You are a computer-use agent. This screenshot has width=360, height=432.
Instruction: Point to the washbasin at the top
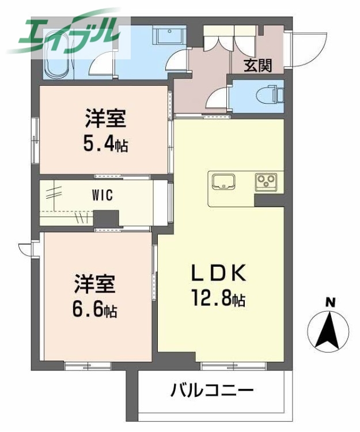point(170,36)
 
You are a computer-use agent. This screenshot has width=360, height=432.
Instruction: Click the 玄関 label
point(257,65)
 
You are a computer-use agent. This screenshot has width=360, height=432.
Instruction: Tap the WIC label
point(103,195)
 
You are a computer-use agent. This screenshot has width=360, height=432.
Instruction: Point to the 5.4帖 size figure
point(105,144)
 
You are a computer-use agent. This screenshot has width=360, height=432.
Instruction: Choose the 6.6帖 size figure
point(95,310)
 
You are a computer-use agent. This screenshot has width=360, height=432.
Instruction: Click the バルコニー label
point(211,392)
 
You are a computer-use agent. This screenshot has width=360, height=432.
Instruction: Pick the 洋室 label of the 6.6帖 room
point(95,285)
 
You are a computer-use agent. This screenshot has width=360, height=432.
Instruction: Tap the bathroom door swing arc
point(103,62)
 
